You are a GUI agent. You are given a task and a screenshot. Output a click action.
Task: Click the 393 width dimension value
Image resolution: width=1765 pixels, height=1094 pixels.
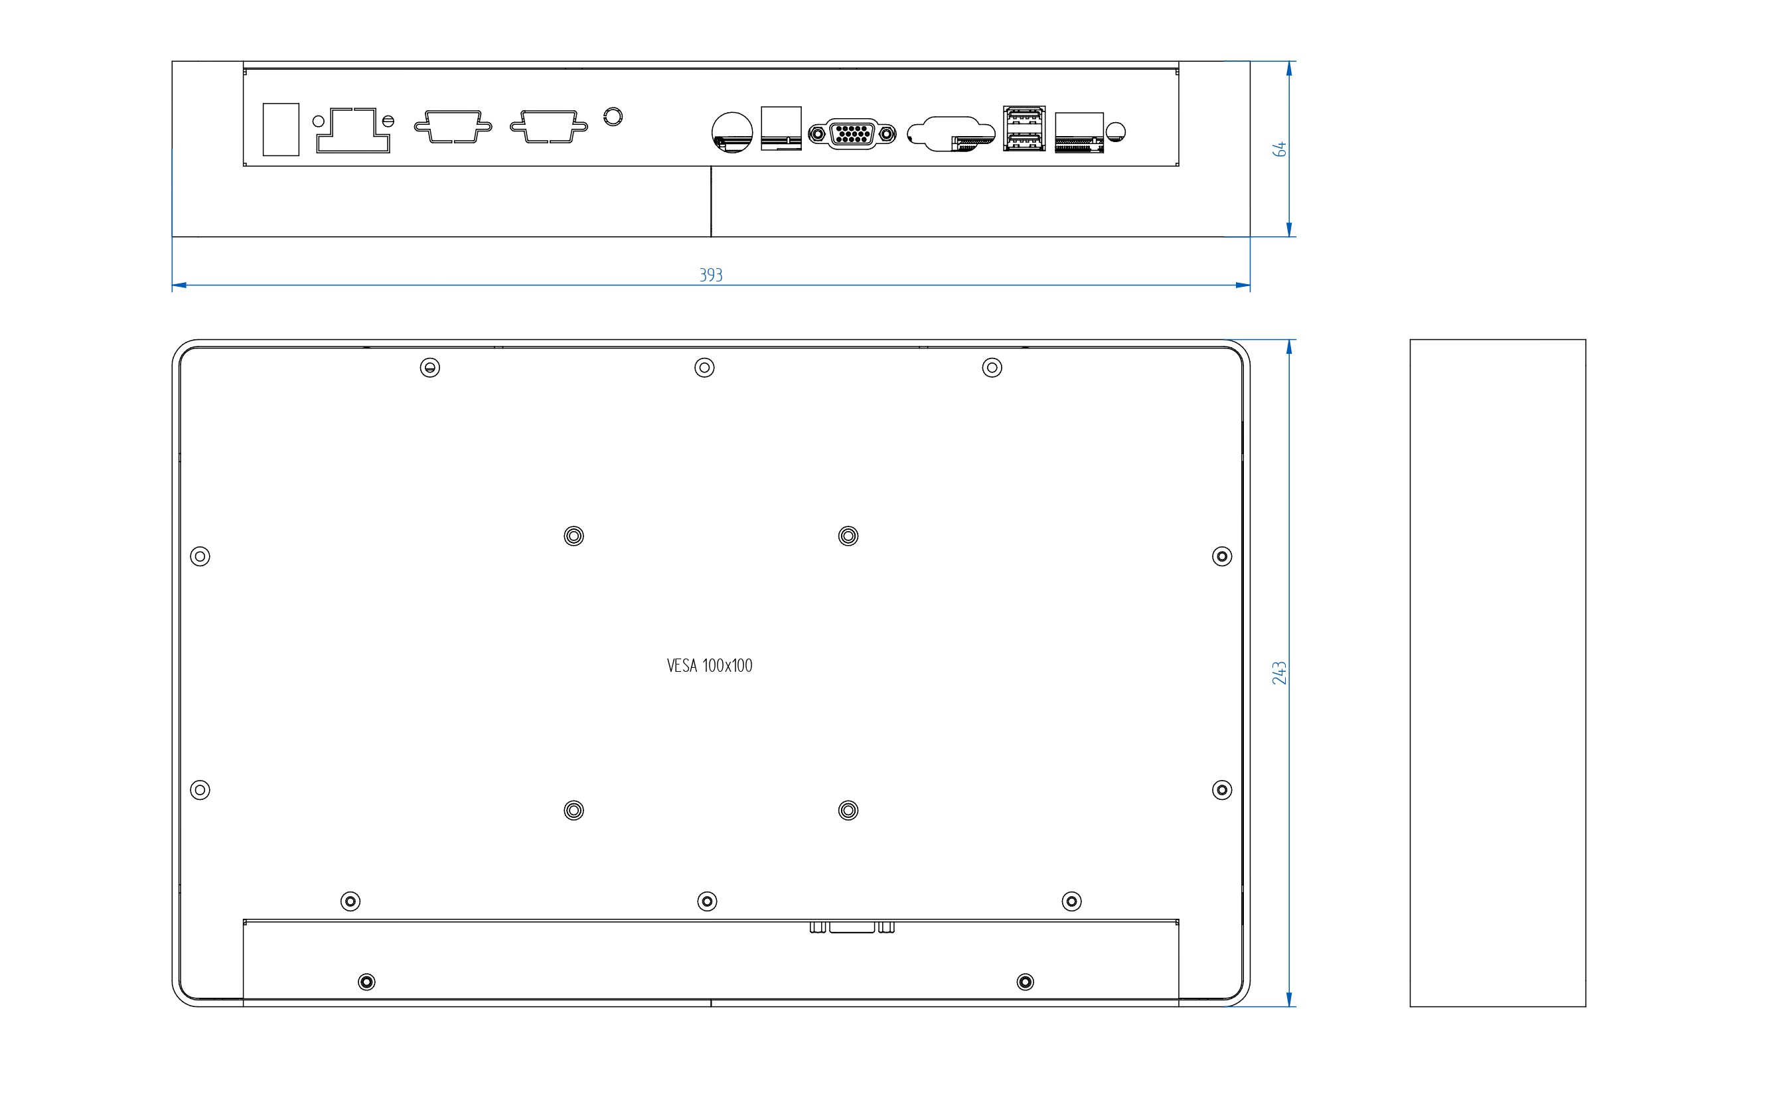click(710, 275)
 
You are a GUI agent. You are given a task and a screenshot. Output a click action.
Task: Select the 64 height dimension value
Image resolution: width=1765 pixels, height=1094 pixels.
click(1279, 149)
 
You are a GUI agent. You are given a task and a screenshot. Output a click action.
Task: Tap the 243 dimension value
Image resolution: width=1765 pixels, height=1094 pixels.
click(1279, 672)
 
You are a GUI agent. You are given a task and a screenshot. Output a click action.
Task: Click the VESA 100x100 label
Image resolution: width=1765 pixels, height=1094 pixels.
click(710, 666)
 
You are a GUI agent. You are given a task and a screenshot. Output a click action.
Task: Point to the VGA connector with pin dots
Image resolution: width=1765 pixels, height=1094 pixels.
click(852, 134)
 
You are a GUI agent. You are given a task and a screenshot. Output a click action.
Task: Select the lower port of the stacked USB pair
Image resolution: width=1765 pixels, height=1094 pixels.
click(1024, 139)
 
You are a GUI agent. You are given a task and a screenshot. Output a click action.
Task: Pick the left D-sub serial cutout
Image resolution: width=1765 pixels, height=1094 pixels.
click(453, 127)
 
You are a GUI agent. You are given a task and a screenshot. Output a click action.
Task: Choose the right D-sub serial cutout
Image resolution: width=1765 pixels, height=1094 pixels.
click(549, 127)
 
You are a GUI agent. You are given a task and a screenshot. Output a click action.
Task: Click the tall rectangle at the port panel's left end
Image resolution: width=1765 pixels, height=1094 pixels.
click(281, 129)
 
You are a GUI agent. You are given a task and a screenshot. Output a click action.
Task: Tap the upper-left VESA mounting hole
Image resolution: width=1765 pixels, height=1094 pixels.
click(574, 536)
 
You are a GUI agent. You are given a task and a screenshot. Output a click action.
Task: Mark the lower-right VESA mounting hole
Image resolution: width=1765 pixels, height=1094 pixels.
click(848, 811)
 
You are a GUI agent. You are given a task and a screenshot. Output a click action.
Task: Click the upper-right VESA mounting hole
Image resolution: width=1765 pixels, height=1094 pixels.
click(848, 536)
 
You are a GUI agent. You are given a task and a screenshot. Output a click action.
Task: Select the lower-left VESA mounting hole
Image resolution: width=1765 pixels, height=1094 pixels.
click(574, 811)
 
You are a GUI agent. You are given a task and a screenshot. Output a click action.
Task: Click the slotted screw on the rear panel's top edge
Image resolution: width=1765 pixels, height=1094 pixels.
click(430, 368)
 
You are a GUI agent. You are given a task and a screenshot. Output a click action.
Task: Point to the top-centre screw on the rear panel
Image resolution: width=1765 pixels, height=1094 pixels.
click(704, 368)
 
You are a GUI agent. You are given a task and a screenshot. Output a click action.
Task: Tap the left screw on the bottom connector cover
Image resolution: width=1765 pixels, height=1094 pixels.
click(367, 982)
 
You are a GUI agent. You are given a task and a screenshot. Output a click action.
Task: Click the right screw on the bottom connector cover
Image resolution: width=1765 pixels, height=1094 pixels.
click(1025, 982)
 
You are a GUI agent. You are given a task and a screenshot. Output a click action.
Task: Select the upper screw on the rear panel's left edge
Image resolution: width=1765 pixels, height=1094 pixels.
click(200, 556)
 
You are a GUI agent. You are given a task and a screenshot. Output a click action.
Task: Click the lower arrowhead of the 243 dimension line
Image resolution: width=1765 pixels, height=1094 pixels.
click(1289, 999)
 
